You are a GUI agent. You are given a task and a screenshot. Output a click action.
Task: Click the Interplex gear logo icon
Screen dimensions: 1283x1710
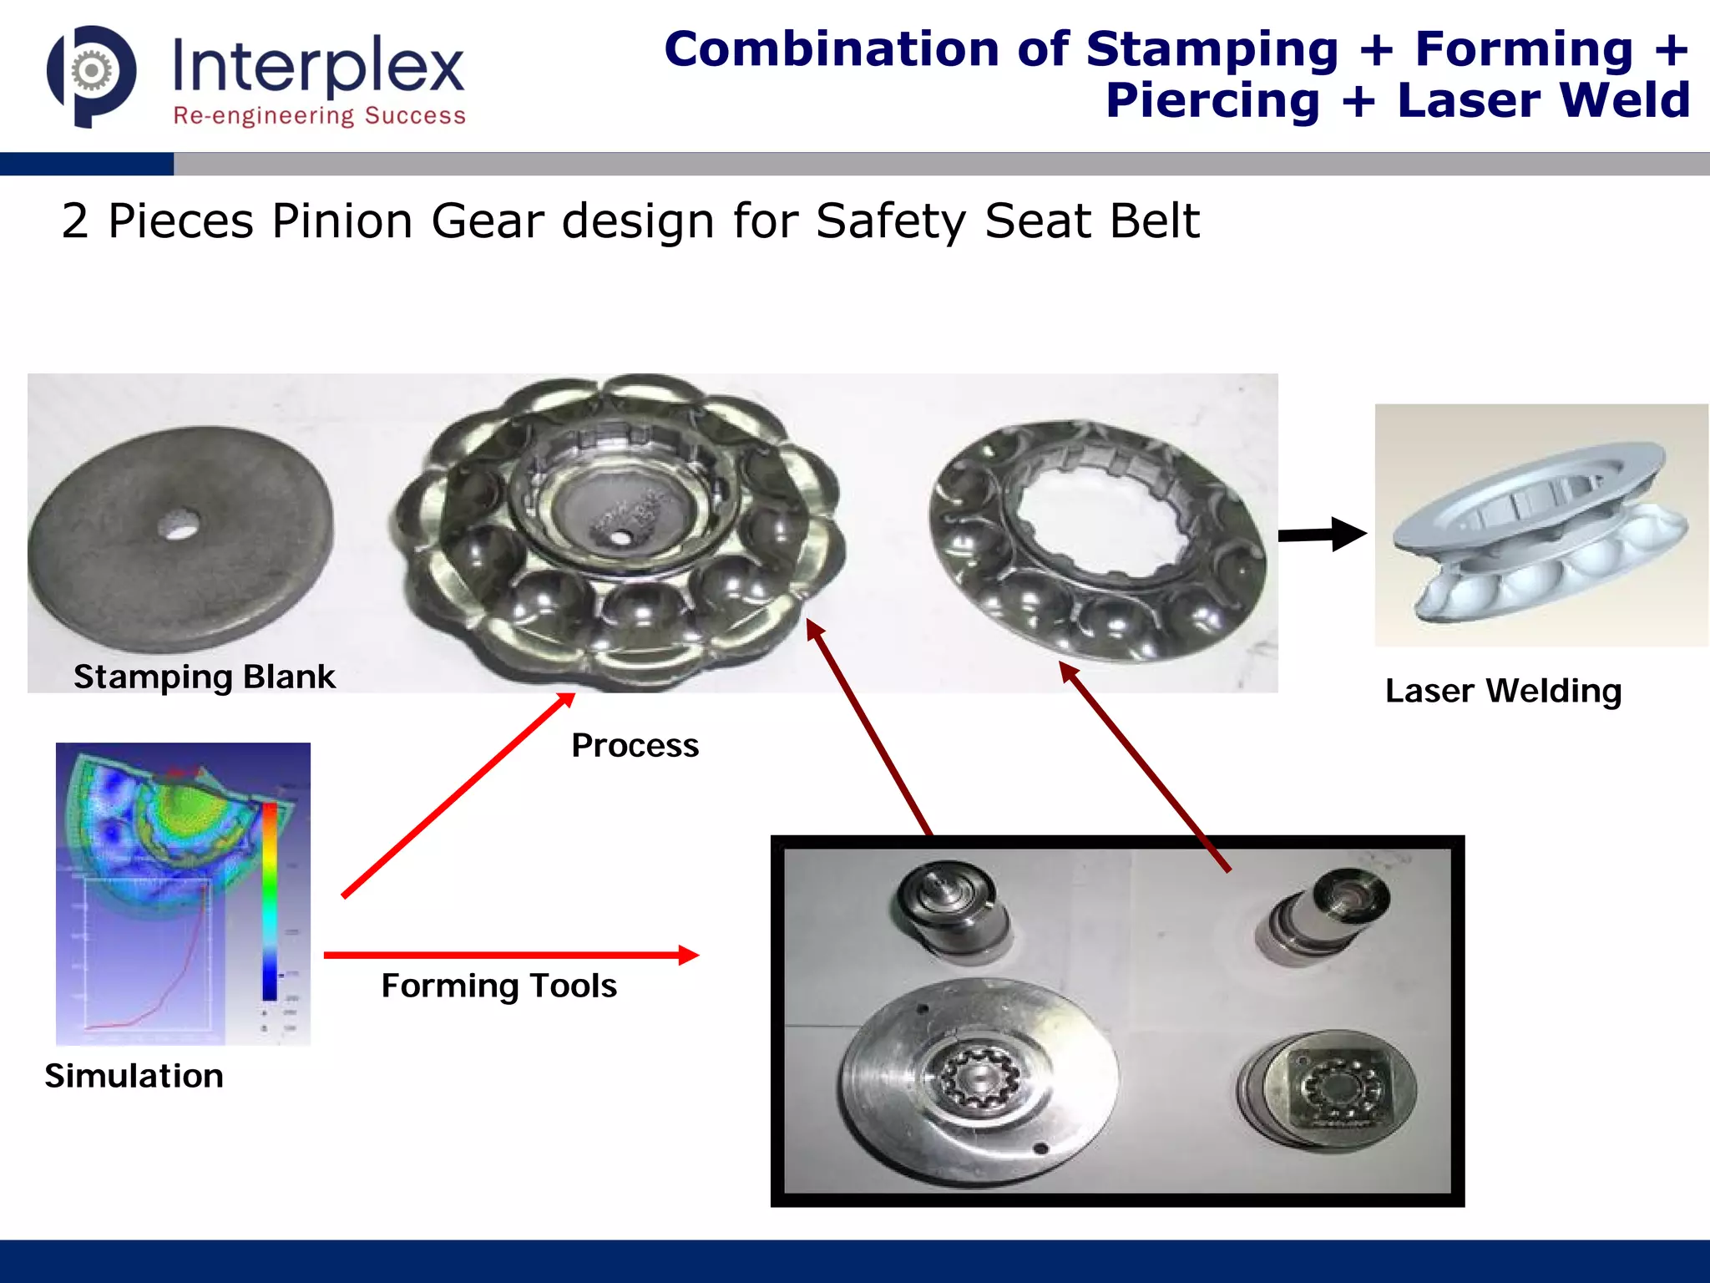click(91, 75)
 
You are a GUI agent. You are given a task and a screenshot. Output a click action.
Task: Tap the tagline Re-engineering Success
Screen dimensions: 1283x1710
click(319, 115)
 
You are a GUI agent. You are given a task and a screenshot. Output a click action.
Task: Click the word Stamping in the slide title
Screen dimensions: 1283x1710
click(1212, 49)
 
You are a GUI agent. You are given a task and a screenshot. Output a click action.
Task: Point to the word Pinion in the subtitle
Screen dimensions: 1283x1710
click(342, 221)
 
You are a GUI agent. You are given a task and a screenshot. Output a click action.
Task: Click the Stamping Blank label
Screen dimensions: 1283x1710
click(204, 677)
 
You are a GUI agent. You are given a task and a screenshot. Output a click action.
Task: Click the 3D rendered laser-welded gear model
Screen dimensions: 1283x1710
click(1541, 530)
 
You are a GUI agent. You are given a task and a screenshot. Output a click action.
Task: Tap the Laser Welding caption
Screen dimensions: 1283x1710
click(1503, 692)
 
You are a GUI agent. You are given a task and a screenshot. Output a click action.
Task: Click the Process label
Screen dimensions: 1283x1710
click(635, 745)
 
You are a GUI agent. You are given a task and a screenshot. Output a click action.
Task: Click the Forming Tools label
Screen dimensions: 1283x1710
click(498, 986)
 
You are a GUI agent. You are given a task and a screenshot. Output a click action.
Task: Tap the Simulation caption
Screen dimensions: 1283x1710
click(134, 1076)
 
